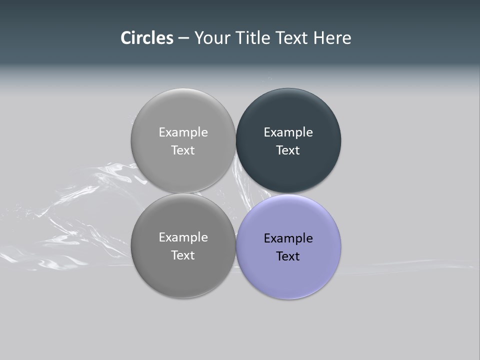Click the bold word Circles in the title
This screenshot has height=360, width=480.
click(x=147, y=38)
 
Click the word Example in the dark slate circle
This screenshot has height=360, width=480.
click(x=288, y=132)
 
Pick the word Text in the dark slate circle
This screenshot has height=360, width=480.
click(x=288, y=150)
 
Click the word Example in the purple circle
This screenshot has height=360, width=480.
click(x=288, y=238)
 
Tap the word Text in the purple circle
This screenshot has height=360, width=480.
click(x=288, y=256)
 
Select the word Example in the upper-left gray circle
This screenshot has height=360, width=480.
click(x=183, y=132)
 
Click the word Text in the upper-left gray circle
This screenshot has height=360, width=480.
click(x=183, y=150)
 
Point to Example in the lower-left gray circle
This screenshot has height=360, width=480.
click(x=183, y=237)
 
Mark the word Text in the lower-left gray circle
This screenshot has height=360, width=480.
click(x=183, y=255)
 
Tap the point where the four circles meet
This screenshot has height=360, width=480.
click(x=236, y=193)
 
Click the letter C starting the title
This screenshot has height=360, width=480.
click(x=125, y=38)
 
